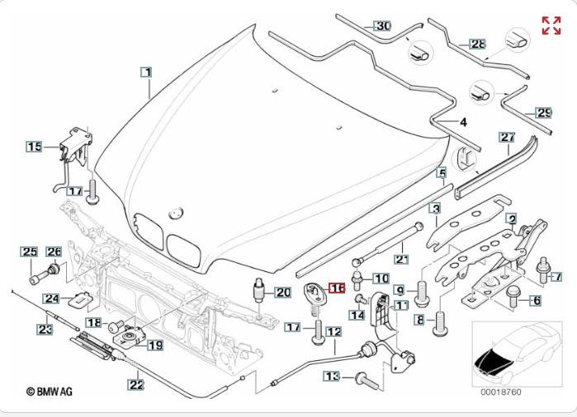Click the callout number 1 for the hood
(x=146, y=73)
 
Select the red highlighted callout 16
(x=337, y=288)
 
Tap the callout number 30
(x=382, y=26)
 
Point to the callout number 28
(x=478, y=44)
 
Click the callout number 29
(x=543, y=113)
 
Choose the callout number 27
(x=507, y=137)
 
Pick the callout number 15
(x=34, y=147)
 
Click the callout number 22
(x=135, y=382)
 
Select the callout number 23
(x=45, y=330)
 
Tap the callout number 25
(x=30, y=251)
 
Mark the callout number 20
(x=282, y=292)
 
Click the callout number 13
(x=332, y=377)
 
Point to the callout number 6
(x=535, y=302)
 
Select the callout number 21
(x=402, y=259)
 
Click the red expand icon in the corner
(x=551, y=25)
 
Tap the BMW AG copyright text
(x=49, y=392)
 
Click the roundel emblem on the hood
(x=174, y=213)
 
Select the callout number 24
(x=51, y=298)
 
